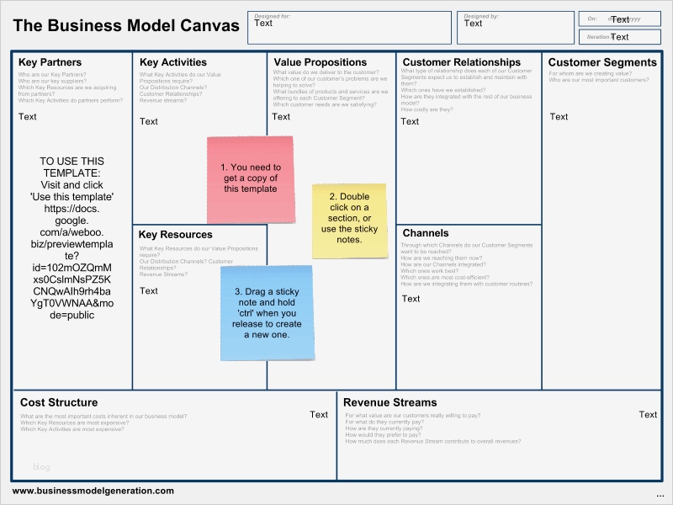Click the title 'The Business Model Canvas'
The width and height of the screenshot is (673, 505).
(x=126, y=25)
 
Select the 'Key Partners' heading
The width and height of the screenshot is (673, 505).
(x=50, y=62)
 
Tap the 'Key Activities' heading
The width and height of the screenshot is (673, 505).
(x=173, y=62)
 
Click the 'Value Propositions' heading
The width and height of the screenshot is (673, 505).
(x=321, y=62)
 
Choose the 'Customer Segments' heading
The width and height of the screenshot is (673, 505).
(x=602, y=62)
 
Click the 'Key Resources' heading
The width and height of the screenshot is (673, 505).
(x=176, y=235)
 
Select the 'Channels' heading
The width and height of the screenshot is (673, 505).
(x=426, y=233)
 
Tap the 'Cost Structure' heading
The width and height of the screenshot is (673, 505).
(x=59, y=402)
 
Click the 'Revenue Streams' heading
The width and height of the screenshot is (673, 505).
(x=389, y=402)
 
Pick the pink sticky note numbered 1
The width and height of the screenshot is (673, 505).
(x=251, y=178)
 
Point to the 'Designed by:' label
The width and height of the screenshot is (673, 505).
(x=481, y=16)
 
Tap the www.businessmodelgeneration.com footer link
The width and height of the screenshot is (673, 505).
(x=93, y=491)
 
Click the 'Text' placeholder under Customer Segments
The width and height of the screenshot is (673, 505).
(x=559, y=117)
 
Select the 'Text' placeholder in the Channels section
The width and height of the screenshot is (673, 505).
(x=411, y=299)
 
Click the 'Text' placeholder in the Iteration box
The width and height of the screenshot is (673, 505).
(x=620, y=37)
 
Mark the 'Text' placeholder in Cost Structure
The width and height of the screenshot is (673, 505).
(x=319, y=414)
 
